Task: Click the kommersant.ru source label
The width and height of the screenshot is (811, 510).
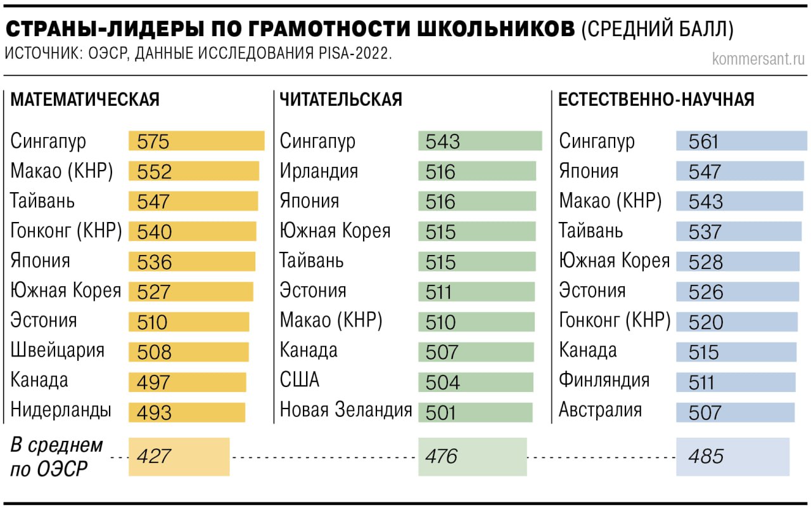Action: pyautogui.click(x=758, y=59)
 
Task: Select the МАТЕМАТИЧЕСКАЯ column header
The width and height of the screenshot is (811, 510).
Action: pyautogui.click(x=85, y=100)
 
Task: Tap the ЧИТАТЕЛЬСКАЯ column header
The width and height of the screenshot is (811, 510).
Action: pyautogui.click(x=341, y=100)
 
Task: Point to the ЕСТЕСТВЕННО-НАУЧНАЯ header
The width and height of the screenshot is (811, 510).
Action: pyautogui.click(x=656, y=100)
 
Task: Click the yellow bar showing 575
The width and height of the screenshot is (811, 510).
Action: pyautogui.click(x=196, y=141)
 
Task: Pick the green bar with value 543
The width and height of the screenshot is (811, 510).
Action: pyautogui.click(x=480, y=141)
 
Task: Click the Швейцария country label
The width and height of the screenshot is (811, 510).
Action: pyautogui.click(x=58, y=350)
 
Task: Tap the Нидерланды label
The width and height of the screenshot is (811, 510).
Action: pyautogui.click(x=61, y=410)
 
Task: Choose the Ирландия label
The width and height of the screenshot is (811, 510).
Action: pyautogui.click(x=319, y=171)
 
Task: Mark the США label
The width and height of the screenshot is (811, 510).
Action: pyautogui.click(x=300, y=380)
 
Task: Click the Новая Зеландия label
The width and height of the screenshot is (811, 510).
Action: pyautogui.click(x=346, y=410)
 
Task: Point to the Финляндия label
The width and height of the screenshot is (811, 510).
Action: pyautogui.click(x=604, y=380)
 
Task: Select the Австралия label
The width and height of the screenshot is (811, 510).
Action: pyautogui.click(x=600, y=410)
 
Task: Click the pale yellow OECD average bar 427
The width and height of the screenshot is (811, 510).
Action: pyautogui.click(x=179, y=457)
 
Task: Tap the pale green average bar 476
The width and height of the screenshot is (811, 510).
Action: pyautogui.click(x=472, y=457)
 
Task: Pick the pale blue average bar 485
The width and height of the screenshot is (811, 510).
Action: pyautogui.click(x=732, y=457)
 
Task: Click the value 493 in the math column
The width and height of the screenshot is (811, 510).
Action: pyautogui.click(x=154, y=413)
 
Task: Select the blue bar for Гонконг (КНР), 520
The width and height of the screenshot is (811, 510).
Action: pyautogui.click(x=736, y=322)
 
